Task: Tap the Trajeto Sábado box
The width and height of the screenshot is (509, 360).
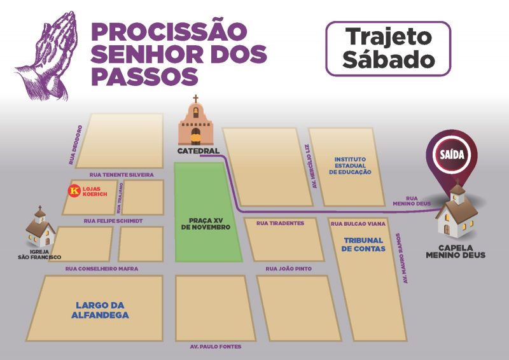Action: pos(388,48)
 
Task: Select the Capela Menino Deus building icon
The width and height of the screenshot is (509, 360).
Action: pos(457,212)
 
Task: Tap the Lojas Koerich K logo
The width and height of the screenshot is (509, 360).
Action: pos(76,190)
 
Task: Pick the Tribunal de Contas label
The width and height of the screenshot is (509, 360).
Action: pos(362,244)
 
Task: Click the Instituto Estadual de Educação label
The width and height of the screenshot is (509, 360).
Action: pos(352,165)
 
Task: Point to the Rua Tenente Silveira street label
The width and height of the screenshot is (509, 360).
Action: pos(122,174)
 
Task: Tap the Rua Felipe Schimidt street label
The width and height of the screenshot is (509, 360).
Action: pos(113,221)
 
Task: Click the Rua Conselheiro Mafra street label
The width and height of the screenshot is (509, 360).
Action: pos(102,269)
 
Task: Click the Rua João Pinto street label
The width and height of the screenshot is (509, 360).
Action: pos(289,269)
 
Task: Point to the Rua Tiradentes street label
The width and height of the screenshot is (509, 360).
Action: pos(280,223)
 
